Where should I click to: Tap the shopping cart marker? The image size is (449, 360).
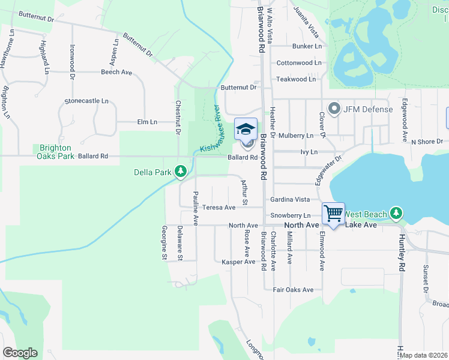click(x=333, y=214)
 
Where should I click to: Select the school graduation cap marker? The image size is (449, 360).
click(x=246, y=128)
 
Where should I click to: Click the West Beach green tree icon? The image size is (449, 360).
click(x=396, y=213)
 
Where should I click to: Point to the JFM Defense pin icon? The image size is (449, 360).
click(x=334, y=109)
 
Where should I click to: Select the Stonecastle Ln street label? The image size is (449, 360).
click(x=87, y=101)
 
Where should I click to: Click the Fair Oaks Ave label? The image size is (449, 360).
click(x=294, y=290)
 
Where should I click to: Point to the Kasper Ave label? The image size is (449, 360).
click(x=239, y=262)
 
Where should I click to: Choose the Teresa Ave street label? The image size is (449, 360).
click(x=218, y=208)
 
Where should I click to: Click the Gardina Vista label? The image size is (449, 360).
click(x=290, y=199)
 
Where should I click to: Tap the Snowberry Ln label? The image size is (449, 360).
click(x=290, y=215)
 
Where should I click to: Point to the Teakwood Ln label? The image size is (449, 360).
click(x=295, y=79)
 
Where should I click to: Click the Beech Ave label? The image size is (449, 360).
click(x=116, y=72)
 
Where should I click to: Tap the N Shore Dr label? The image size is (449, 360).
click(x=426, y=142)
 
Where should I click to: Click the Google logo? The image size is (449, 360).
click(x=20, y=353)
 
